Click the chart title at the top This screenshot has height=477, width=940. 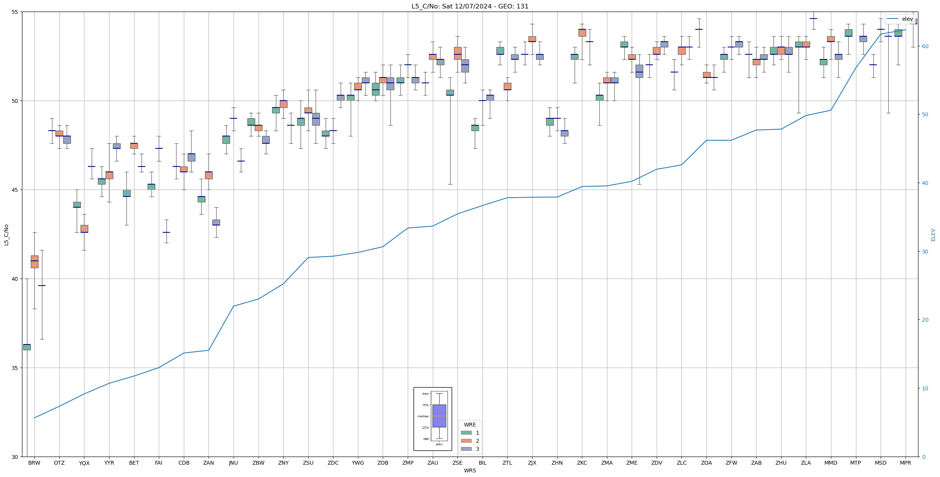pyautogui.click(x=470, y=6)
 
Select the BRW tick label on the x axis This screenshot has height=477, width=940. pyautogui.click(x=34, y=463)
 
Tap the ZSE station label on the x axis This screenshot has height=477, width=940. pyautogui.click(x=457, y=463)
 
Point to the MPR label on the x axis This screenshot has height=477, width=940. pyautogui.click(x=905, y=463)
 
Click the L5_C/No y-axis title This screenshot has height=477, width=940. pyautogui.click(x=6, y=234)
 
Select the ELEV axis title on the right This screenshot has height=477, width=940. pyautogui.click(x=933, y=234)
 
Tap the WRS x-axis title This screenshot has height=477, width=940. pyautogui.click(x=470, y=471)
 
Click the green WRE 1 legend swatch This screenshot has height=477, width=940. pyautogui.click(x=466, y=433)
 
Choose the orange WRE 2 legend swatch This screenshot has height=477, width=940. pyautogui.click(x=466, y=441)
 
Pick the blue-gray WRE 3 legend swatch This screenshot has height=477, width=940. pyautogui.click(x=466, y=449)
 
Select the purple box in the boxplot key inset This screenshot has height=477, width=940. pyautogui.click(x=439, y=416)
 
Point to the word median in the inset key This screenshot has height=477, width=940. pyautogui.click(x=423, y=416)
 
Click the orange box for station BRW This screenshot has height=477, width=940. pyautogui.click(x=35, y=262)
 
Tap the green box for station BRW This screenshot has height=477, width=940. pyautogui.click(x=27, y=347)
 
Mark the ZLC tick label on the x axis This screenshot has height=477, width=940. pyautogui.click(x=681, y=463)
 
